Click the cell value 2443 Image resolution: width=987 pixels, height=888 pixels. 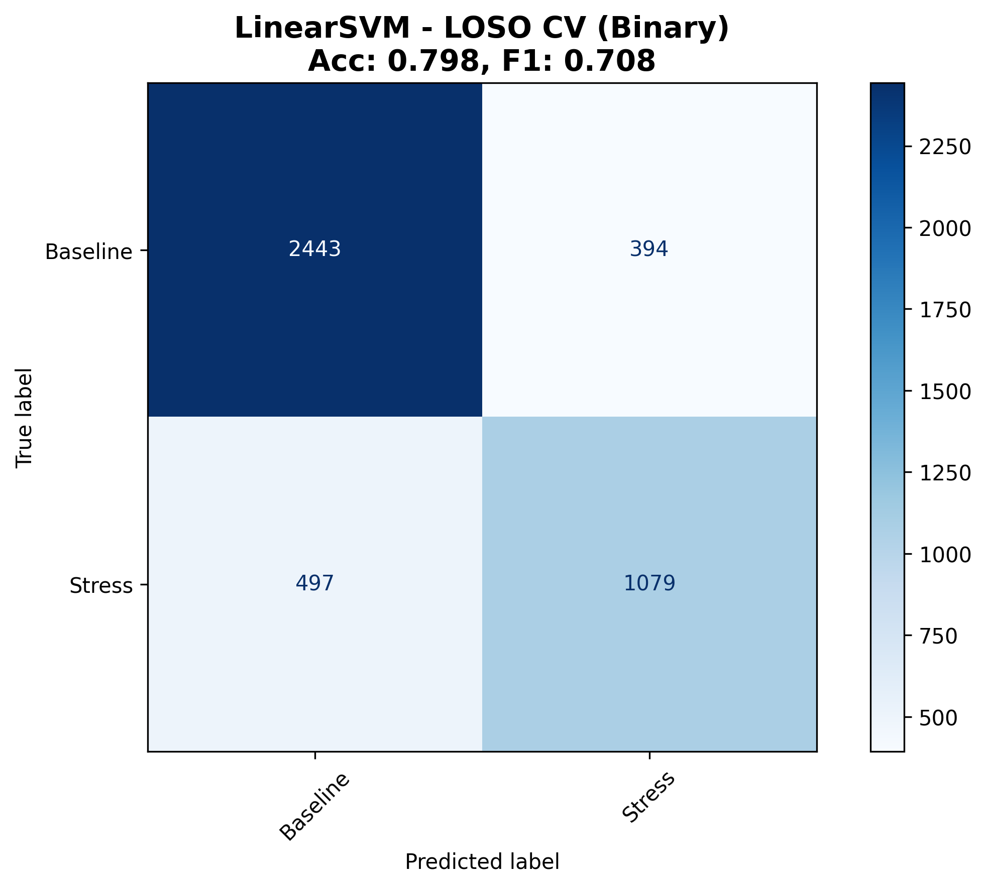tap(314, 249)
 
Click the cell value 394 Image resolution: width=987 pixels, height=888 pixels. tap(649, 249)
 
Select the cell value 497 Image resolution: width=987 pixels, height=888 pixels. tap(314, 583)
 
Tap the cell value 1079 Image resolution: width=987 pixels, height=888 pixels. tap(649, 583)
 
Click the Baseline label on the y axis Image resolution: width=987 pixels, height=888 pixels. tap(89, 251)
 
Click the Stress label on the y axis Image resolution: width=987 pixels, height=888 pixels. tap(101, 586)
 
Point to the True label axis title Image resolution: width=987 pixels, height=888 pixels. tap(24, 417)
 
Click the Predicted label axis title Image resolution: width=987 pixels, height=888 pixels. tap(482, 862)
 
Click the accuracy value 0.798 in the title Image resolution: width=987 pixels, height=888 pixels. tap(434, 61)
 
